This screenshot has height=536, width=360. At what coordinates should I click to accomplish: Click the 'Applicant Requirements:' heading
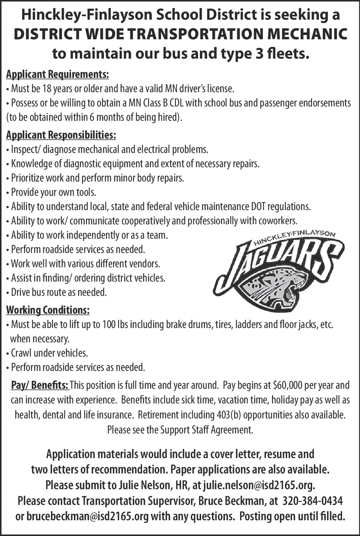point(57,74)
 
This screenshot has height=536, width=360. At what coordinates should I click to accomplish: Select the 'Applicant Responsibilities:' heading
point(61,135)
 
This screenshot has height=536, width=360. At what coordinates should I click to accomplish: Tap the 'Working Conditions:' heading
point(48,310)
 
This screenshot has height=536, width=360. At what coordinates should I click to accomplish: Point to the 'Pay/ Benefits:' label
point(40,385)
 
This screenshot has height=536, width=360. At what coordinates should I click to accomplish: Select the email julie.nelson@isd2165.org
point(259,485)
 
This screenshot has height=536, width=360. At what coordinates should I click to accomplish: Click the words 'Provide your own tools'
point(53,192)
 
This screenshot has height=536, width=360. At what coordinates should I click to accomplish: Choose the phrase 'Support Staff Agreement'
point(207,430)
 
